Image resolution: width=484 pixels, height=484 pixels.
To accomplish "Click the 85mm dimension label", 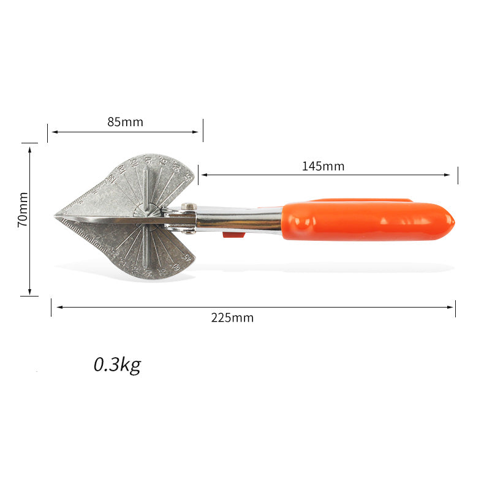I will click(x=125, y=122).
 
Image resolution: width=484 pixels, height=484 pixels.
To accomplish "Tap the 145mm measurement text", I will click(x=323, y=166).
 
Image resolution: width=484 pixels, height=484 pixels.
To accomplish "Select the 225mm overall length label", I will click(x=232, y=317).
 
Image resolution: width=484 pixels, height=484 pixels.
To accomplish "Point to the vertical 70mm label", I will click(x=23, y=210).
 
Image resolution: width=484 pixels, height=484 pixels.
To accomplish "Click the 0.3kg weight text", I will click(x=117, y=365).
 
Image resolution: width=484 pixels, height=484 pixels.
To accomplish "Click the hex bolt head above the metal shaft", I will click(x=189, y=206).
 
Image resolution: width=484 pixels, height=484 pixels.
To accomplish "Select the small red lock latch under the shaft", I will click(x=233, y=233).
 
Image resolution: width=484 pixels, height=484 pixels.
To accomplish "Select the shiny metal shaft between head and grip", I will click(x=239, y=219).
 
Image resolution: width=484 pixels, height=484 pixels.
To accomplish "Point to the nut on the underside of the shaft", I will click(x=189, y=231).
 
